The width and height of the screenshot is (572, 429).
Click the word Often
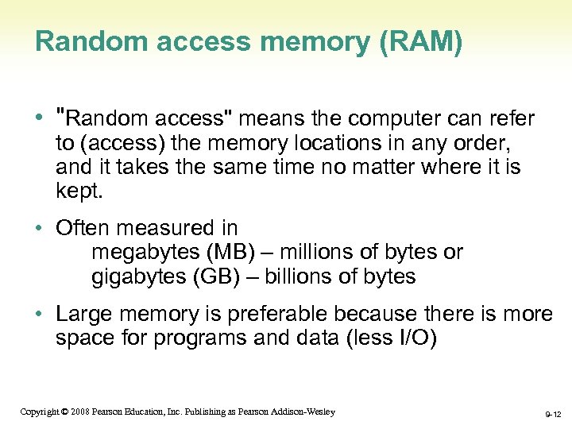(82, 228)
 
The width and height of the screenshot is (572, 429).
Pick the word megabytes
(146, 253)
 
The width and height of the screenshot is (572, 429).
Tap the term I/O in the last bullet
(413, 338)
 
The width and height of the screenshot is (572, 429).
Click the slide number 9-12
(551, 414)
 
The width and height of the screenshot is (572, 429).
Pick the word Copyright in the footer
(39, 412)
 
